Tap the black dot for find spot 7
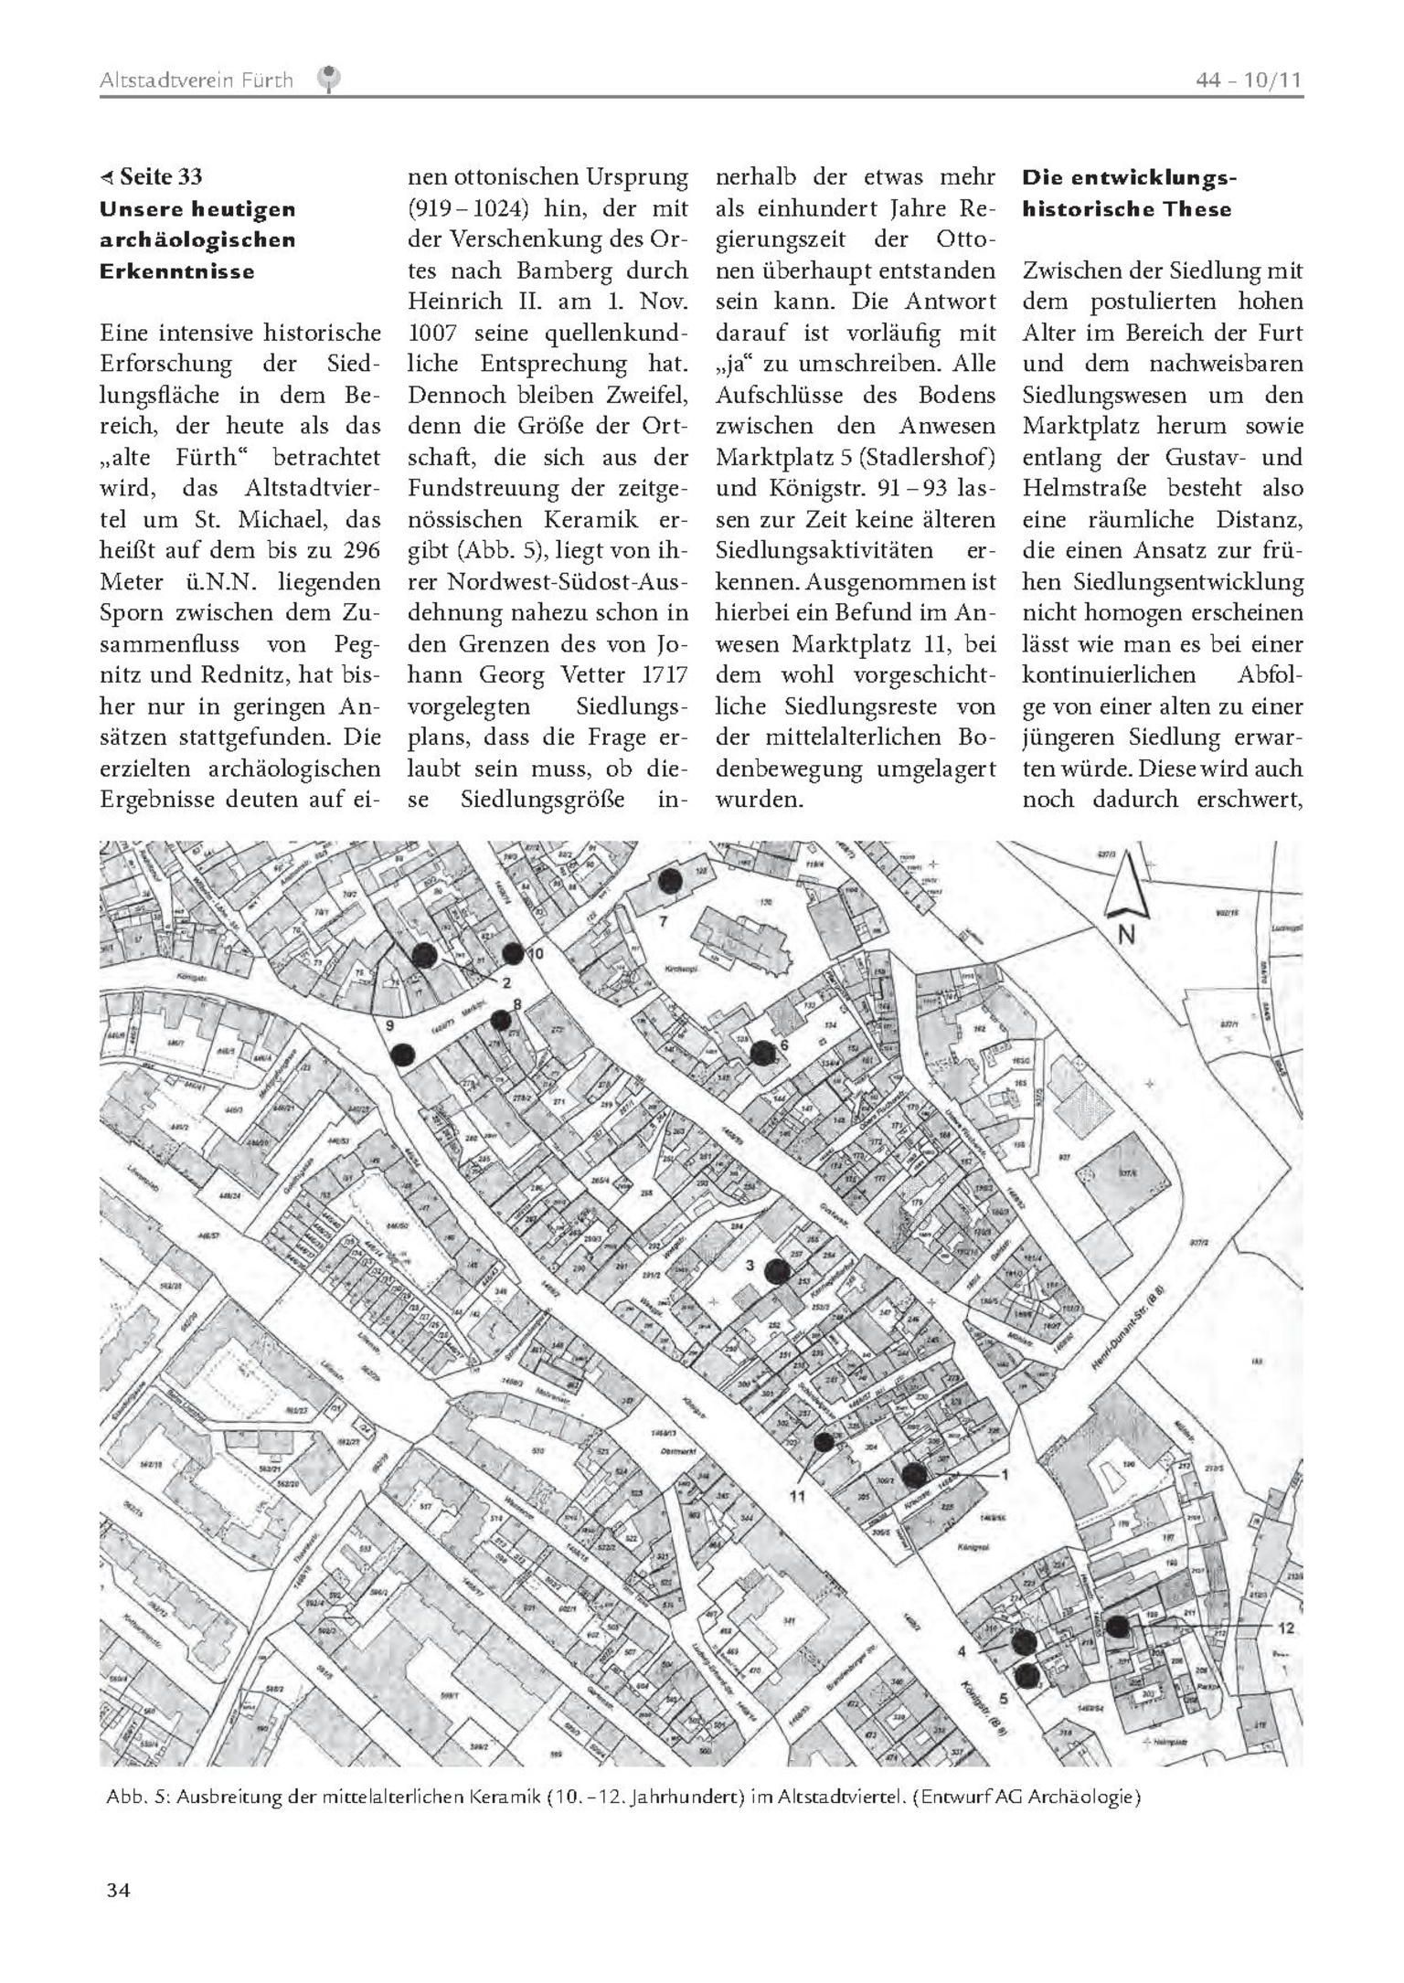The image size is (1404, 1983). coord(671,881)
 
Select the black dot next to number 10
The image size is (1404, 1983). coord(513,953)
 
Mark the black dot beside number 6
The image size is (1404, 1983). coord(761,1053)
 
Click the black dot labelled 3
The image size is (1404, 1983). coord(777,1271)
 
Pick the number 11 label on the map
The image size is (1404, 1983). coord(797,1495)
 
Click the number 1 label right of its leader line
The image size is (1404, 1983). coord(1005,1474)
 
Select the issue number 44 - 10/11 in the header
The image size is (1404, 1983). coord(1249,80)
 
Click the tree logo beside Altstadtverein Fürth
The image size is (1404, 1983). coord(328,80)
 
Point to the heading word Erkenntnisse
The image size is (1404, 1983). coord(176,271)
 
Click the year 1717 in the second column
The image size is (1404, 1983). coord(659,675)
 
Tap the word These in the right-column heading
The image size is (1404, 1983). coord(1198,209)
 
